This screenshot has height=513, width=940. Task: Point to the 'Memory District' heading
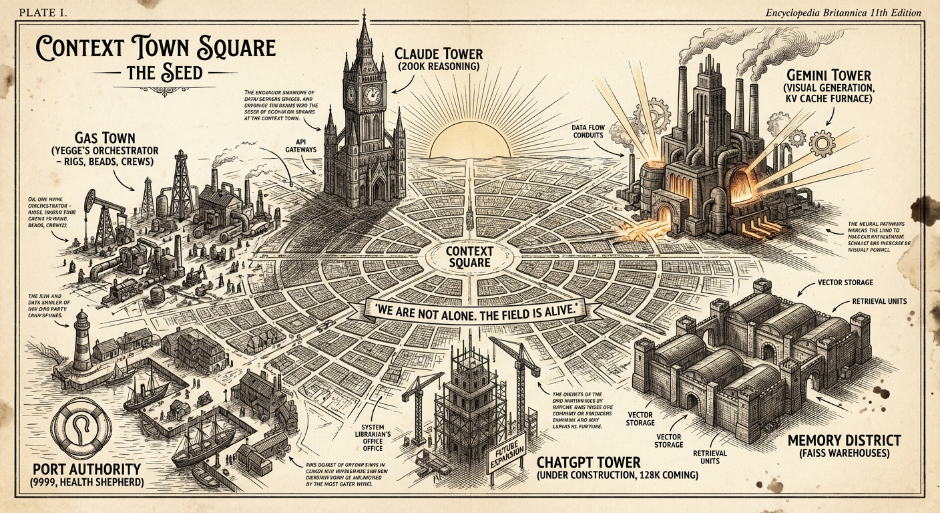[844, 442]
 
